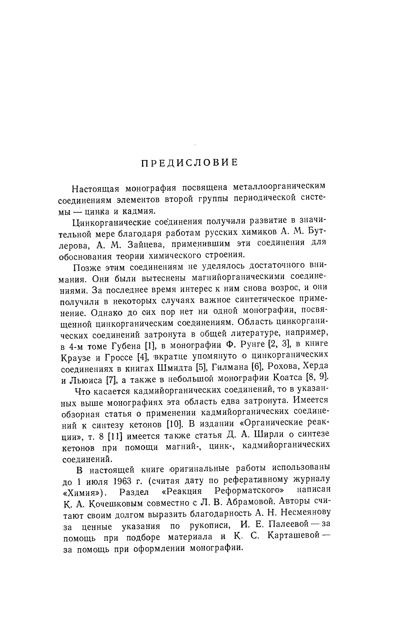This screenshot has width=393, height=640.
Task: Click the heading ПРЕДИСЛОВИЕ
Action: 189,163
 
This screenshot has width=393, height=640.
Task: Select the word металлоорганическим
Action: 279,186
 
